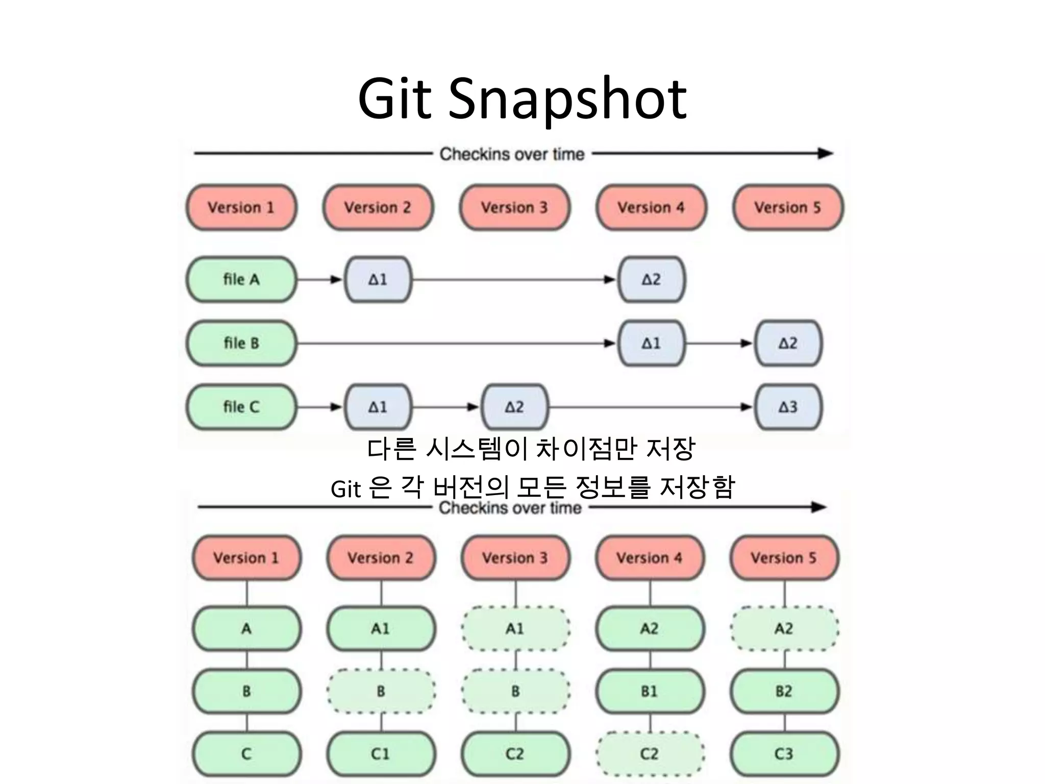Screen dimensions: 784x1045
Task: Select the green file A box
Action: (x=241, y=279)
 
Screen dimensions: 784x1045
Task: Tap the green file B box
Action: (x=241, y=343)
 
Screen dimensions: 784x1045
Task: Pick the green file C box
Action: (x=241, y=407)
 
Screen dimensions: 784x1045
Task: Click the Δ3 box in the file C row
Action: (x=788, y=407)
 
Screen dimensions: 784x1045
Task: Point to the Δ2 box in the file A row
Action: (x=651, y=279)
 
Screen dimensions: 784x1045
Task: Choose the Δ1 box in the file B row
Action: (x=651, y=343)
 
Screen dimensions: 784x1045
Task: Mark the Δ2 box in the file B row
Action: (x=788, y=343)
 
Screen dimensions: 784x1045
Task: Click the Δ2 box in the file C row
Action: (x=514, y=407)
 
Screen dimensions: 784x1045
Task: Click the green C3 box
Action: (x=784, y=754)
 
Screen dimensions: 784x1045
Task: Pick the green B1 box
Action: (x=650, y=692)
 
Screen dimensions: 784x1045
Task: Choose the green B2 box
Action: (x=784, y=692)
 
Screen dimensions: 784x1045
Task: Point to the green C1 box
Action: (x=381, y=754)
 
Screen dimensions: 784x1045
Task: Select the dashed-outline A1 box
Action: (x=515, y=629)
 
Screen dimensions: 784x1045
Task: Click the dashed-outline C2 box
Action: (x=650, y=754)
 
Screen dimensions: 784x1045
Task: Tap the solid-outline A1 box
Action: (x=381, y=629)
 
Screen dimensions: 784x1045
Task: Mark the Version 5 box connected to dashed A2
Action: (x=784, y=558)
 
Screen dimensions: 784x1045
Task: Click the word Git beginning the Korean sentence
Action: (x=345, y=489)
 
